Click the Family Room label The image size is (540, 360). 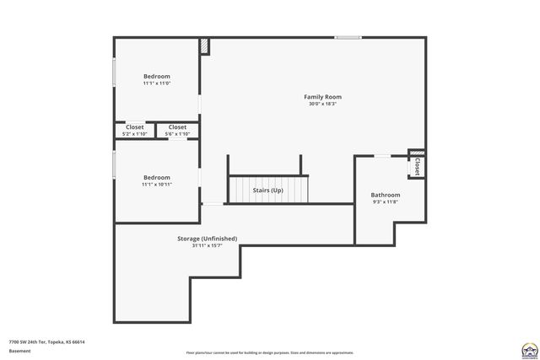(322, 97)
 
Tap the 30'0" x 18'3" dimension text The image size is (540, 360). (322, 105)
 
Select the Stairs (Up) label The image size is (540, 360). (268, 191)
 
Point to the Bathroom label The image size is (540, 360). (386, 195)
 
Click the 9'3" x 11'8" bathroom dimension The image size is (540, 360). (386, 202)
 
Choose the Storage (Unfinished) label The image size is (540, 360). (207, 239)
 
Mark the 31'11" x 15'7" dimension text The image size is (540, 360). (207, 246)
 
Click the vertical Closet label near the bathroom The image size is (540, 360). (417, 167)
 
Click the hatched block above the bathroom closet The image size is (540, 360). (417, 153)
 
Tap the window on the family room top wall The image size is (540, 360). (348, 37)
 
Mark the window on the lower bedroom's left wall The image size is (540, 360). (115, 164)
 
